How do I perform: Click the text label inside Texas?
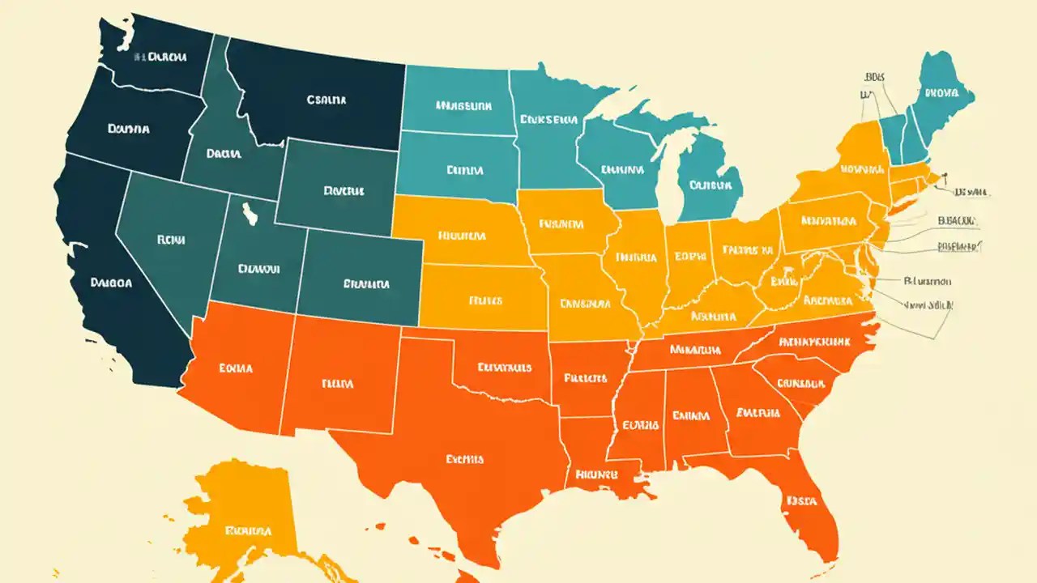(x=464, y=459)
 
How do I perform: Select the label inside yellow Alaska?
(x=249, y=532)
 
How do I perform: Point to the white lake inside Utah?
(x=249, y=215)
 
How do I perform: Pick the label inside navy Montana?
(x=326, y=100)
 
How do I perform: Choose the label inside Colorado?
(x=366, y=284)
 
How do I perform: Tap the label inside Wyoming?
(x=344, y=192)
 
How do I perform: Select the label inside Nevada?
(x=171, y=240)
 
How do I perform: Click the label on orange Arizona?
(x=236, y=368)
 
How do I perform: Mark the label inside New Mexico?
(x=338, y=383)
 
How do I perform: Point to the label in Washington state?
(x=161, y=57)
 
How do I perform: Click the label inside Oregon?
(x=128, y=128)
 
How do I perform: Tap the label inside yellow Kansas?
(x=486, y=300)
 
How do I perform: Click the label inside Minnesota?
(x=548, y=119)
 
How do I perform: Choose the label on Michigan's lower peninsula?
(x=710, y=185)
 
